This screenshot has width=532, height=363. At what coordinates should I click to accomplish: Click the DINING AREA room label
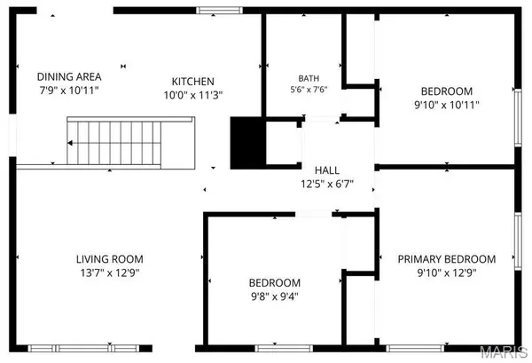coord(69,76)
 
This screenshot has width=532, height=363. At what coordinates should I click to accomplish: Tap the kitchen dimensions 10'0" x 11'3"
coord(193,96)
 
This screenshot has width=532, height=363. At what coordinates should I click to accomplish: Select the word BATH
coord(309,78)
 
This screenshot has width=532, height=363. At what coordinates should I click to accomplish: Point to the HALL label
coord(327,170)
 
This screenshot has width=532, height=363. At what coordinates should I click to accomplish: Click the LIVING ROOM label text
coord(110,259)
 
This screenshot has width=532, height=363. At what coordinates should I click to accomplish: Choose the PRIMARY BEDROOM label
coord(447,259)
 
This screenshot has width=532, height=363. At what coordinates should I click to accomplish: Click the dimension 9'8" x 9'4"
coord(275,296)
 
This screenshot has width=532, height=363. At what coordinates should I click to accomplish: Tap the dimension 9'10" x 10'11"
coord(447,105)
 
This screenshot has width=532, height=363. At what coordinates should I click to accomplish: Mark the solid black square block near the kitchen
coord(248,143)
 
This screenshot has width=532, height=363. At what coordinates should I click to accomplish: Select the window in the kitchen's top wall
coord(220,10)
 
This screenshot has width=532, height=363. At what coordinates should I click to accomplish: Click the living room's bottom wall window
coord(83,349)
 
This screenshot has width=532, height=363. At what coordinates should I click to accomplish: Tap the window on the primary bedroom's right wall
coord(518,241)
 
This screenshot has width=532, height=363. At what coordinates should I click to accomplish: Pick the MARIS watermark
coord(505,352)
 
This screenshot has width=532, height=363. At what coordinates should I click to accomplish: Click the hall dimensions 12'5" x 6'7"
coord(327,184)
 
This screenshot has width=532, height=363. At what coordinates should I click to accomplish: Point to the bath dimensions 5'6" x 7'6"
coord(309,90)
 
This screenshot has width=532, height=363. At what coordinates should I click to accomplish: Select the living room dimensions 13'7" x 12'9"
coord(110,273)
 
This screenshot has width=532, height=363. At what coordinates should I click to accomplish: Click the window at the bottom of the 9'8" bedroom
coord(284,349)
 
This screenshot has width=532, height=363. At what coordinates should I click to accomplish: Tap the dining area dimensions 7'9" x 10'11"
coord(69,91)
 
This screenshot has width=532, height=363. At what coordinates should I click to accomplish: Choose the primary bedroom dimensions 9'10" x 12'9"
coord(447,273)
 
